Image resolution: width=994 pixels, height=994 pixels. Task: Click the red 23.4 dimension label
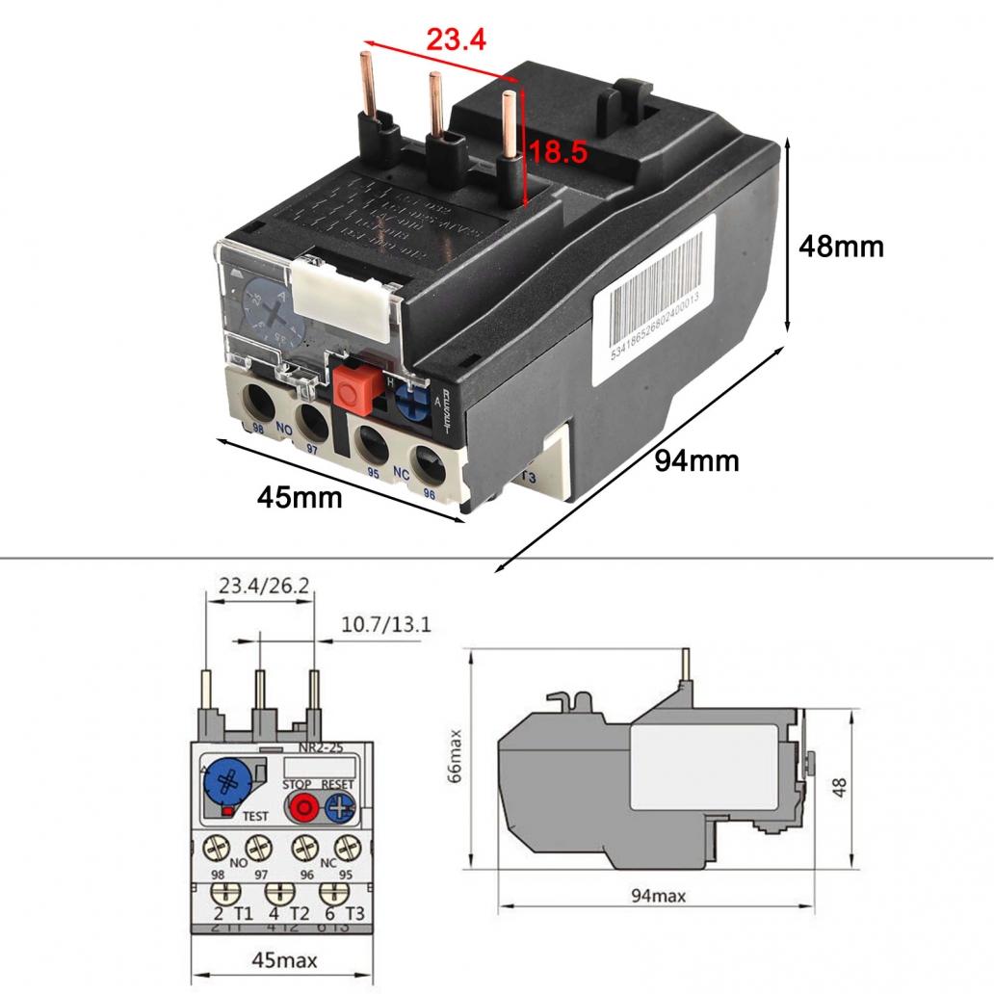457,39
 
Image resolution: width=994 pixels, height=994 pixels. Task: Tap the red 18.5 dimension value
555,151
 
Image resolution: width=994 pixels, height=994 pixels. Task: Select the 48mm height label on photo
841,247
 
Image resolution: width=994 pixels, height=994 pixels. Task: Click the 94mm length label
696,460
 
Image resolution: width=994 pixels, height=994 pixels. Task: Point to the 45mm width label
300,497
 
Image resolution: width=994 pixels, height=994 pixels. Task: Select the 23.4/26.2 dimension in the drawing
258,587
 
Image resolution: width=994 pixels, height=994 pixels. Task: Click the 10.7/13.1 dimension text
386,625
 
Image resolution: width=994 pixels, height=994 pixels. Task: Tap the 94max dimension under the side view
658,897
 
